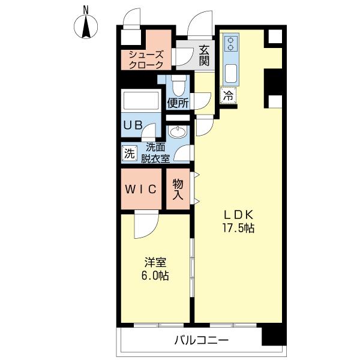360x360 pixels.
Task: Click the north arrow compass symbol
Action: click(86, 26)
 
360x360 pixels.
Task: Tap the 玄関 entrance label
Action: click(204, 56)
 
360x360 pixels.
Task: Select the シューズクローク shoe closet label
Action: click(146, 60)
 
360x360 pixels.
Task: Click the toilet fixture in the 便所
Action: click(179, 85)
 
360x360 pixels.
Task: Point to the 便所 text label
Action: click(178, 103)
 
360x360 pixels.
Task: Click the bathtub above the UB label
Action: click(141, 101)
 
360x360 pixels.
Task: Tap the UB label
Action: click(133, 125)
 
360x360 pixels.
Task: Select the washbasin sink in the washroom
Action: click(178, 132)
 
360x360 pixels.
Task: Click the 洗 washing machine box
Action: click(130, 153)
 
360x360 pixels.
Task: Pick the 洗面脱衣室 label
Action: click(155, 153)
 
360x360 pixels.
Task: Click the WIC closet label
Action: click(141, 189)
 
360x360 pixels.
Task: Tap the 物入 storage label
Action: click(178, 189)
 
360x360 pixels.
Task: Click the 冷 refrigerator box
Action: click(228, 95)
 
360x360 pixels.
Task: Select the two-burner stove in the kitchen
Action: click(230, 44)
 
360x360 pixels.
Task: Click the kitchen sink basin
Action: click(231, 73)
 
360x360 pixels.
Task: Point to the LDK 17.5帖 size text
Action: click(239, 222)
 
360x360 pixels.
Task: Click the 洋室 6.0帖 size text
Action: click(155, 269)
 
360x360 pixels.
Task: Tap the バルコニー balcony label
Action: click(202, 340)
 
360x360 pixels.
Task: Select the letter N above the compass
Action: click(86, 10)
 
